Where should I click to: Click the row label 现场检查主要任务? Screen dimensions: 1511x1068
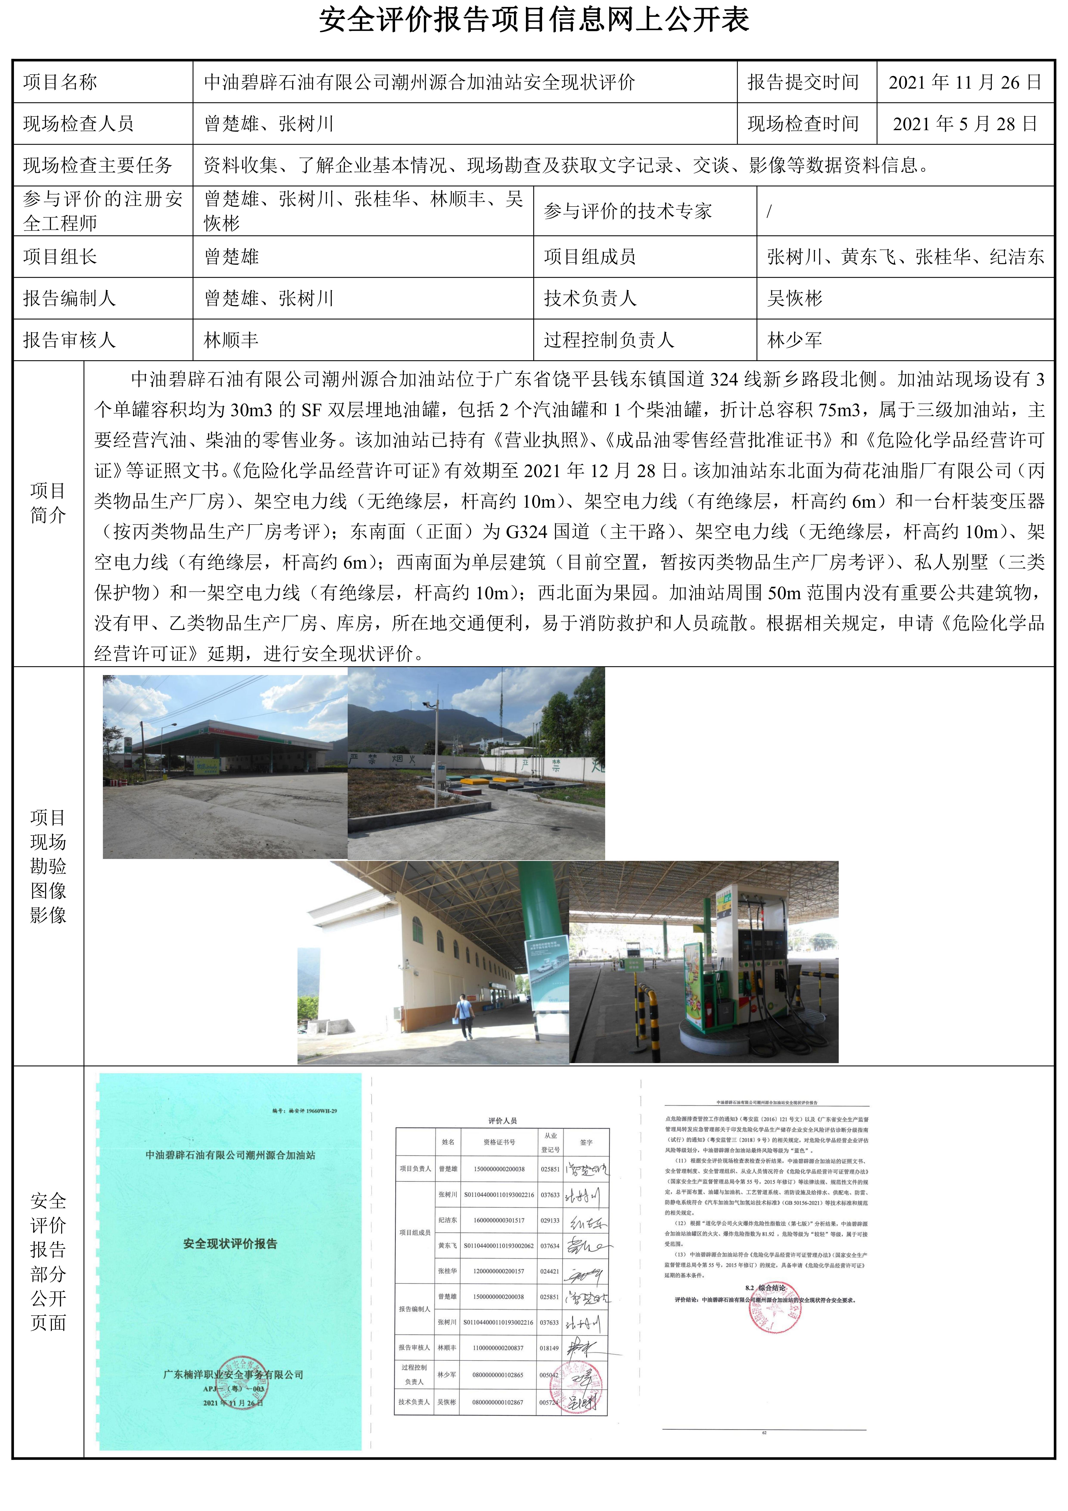point(98,165)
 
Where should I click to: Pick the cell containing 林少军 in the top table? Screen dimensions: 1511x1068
point(794,340)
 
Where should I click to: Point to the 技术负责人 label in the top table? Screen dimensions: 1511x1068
point(590,299)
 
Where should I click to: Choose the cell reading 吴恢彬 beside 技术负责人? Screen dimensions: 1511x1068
point(794,299)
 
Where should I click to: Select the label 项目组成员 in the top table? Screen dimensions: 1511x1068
point(590,257)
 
